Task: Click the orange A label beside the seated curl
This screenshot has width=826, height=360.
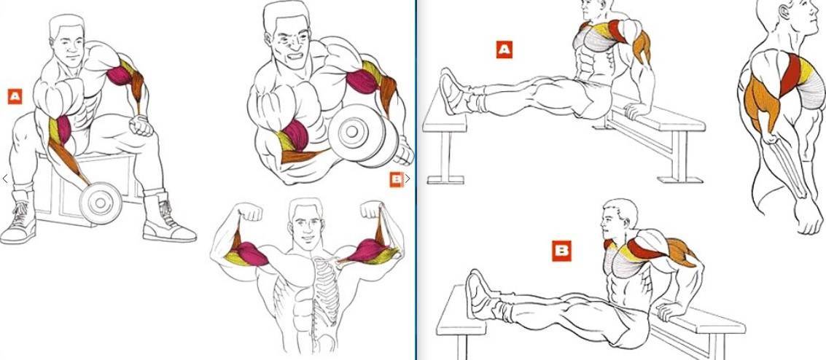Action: click(15, 96)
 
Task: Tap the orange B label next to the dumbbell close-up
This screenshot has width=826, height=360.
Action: click(397, 179)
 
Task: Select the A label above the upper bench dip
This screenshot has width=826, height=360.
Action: click(504, 50)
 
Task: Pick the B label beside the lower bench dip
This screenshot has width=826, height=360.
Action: click(561, 251)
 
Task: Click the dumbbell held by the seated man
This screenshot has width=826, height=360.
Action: click(101, 203)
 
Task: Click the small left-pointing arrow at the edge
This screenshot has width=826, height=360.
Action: click(5, 179)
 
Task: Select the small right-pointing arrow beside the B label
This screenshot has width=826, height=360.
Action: click(408, 179)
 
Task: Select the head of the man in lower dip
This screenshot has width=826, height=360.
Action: click(618, 219)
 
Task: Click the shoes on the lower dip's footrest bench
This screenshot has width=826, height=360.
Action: click(480, 294)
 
